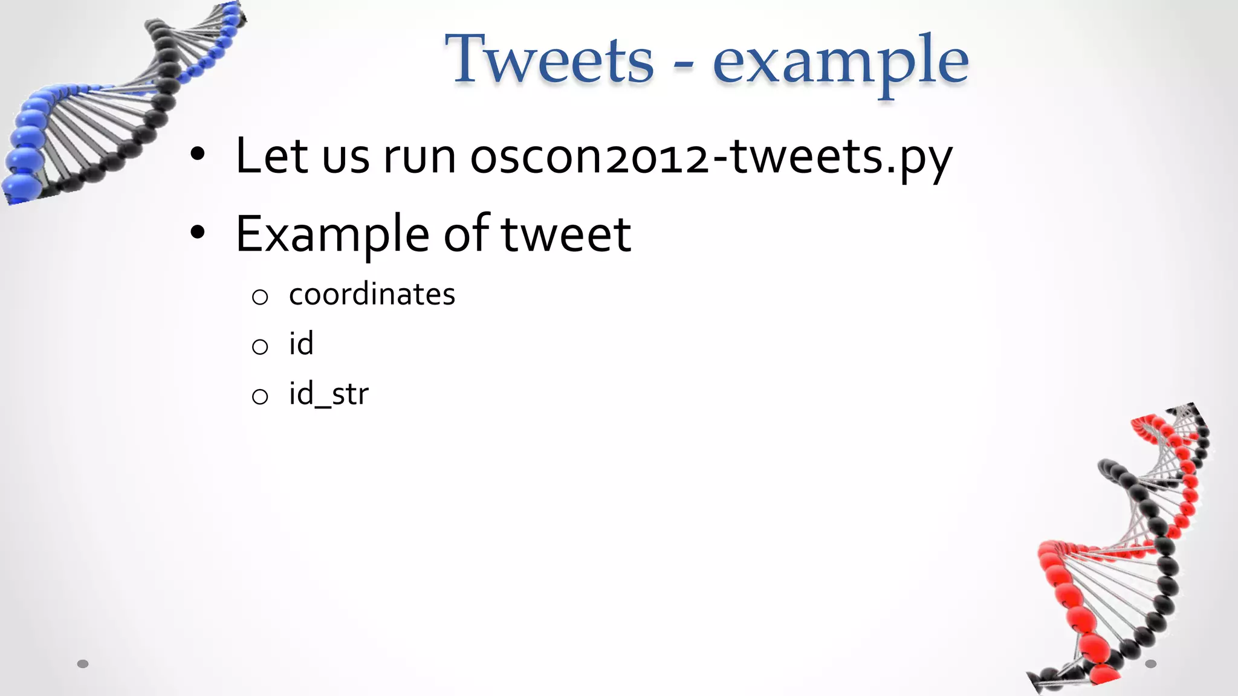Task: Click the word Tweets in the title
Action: click(x=549, y=59)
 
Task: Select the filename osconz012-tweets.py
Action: click(x=711, y=158)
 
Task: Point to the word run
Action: click(x=420, y=158)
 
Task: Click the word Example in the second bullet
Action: click(x=332, y=235)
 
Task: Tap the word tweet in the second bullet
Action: click(x=566, y=235)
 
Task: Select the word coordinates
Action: click(x=372, y=294)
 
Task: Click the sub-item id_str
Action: click(x=328, y=395)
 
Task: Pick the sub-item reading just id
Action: click(x=301, y=344)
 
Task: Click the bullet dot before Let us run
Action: click(x=198, y=155)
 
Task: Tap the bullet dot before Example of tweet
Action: click(x=198, y=233)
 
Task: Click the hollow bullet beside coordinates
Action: click(x=260, y=297)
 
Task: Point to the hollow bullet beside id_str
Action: click(x=260, y=396)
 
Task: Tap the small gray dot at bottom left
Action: click(x=83, y=664)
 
